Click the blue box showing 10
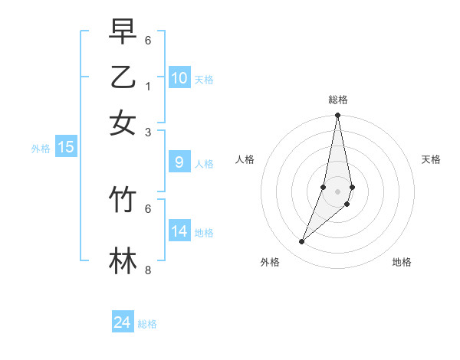click(179, 77)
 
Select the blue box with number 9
click(179, 162)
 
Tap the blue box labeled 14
click(179, 231)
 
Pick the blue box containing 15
click(66, 147)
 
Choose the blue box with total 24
click(123, 322)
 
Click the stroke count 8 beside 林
click(148, 270)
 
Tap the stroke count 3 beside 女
click(148, 132)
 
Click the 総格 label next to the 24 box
click(147, 324)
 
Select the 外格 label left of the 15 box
click(41, 149)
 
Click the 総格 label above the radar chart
click(337, 100)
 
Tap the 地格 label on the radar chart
click(402, 262)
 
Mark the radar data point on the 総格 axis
click(337, 116)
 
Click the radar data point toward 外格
click(301, 242)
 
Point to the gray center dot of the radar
click(337, 191)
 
